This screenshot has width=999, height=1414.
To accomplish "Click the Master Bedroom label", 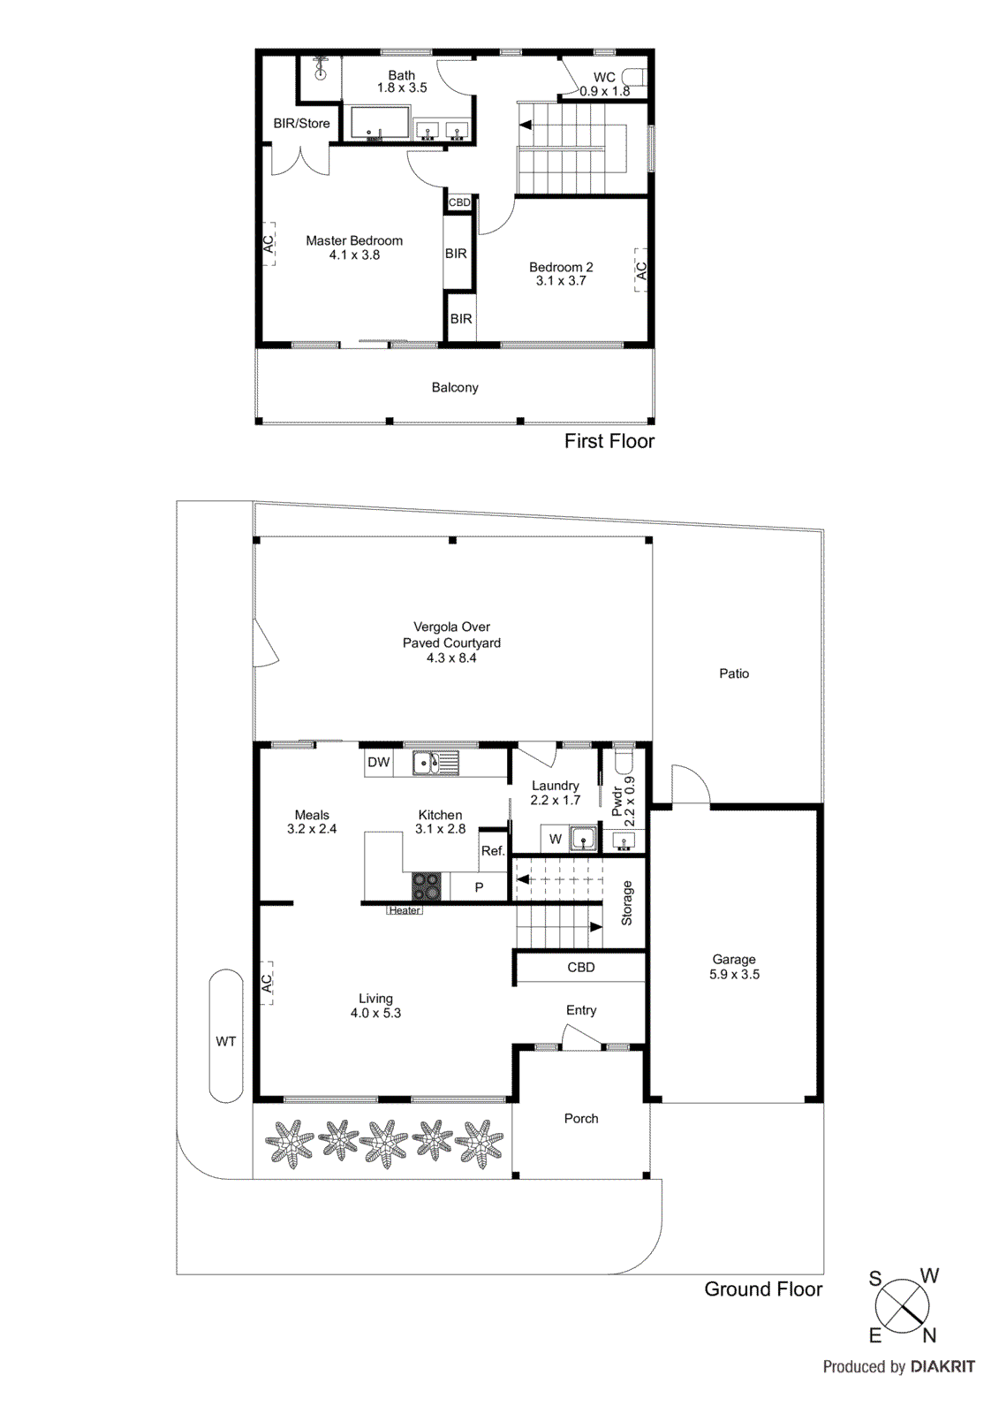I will click(x=353, y=240).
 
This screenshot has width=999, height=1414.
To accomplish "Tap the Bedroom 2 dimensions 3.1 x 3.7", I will click(x=560, y=281).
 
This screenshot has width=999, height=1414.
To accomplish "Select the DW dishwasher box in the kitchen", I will click(x=378, y=763).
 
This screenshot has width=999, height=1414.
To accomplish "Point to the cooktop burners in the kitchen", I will click(x=426, y=886).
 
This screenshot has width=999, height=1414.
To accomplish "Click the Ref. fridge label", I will click(x=493, y=851).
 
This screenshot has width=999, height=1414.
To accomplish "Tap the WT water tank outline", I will click(x=226, y=1038).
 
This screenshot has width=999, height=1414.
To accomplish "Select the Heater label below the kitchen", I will click(x=405, y=910).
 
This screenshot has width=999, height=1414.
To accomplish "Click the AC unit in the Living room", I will click(x=267, y=983).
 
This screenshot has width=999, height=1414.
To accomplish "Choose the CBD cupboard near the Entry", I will click(x=580, y=967).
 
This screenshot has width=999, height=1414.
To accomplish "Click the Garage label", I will click(x=734, y=959).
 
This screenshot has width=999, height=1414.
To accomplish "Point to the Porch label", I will click(x=581, y=1118).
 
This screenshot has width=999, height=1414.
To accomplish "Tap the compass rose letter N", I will click(x=929, y=1335).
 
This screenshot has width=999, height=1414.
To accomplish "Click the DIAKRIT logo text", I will click(x=942, y=1366).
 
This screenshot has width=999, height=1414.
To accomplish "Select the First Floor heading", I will click(x=609, y=441).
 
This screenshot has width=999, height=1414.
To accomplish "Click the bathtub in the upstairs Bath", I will click(x=380, y=123).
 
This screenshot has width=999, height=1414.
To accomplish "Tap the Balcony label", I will click(x=455, y=387).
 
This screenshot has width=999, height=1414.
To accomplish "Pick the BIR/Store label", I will click(x=301, y=124).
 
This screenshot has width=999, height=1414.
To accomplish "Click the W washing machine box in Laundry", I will click(x=555, y=839).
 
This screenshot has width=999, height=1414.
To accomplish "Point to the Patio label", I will click(x=733, y=673).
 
